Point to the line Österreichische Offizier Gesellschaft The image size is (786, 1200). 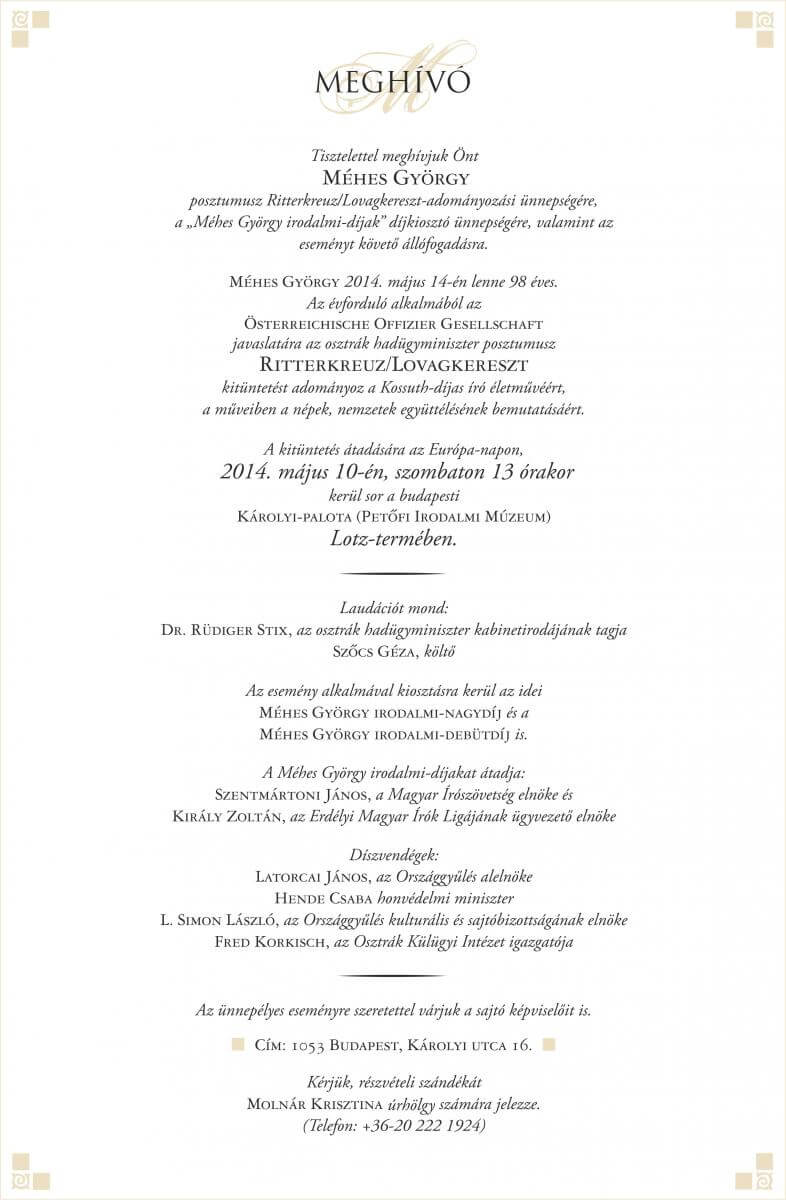(x=392, y=322)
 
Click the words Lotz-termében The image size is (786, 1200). (x=392, y=538)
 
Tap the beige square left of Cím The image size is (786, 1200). (x=237, y=1045)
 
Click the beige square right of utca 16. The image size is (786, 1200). (x=548, y=1045)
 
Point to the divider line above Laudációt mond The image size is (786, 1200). (x=392, y=574)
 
